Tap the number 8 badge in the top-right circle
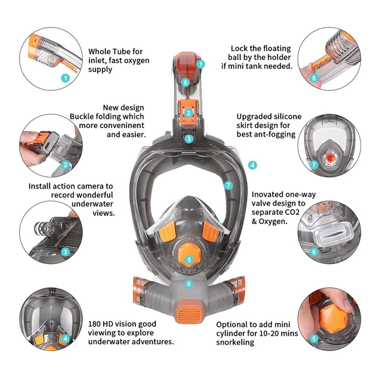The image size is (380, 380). tap(313, 77)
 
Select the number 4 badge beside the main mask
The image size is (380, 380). tap(253, 166)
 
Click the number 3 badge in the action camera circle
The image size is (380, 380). tap(66, 252)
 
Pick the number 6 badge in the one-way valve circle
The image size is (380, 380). tap(313, 252)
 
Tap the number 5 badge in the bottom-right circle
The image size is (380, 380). tap(313, 339)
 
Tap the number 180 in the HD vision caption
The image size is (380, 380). tap(95, 324)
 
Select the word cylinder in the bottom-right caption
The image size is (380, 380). tap(232, 333)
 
